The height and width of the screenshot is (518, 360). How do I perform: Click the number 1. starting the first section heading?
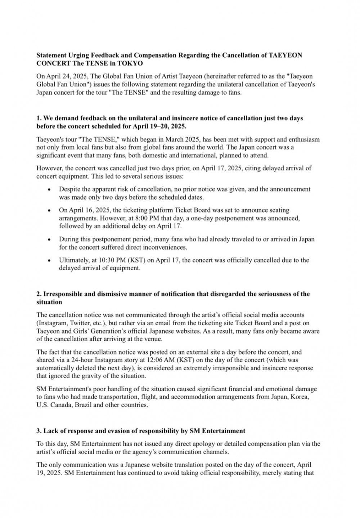(39, 118)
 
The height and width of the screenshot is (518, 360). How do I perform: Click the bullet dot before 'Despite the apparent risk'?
(49, 189)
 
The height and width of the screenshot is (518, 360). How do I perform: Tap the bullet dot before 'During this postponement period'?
(49, 239)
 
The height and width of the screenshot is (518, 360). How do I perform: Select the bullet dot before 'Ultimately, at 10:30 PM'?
(49, 260)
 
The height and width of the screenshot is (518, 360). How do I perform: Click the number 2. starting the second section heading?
(39, 294)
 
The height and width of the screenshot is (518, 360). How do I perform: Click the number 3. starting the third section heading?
(39, 431)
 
